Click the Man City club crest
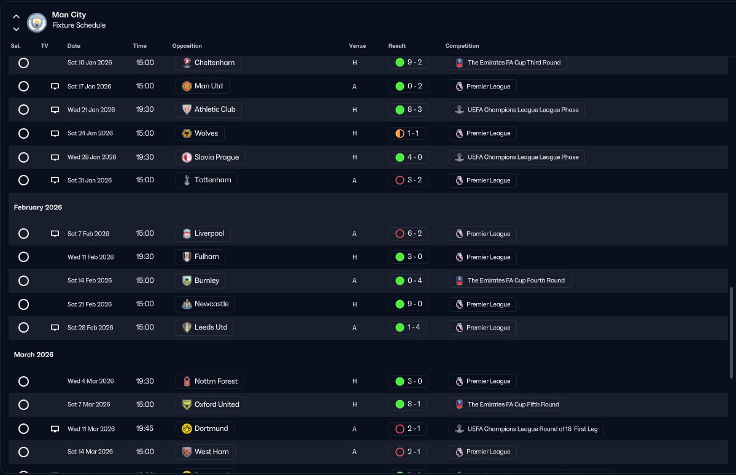[x=37, y=22]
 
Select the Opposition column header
[x=187, y=46]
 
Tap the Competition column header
[x=462, y=46]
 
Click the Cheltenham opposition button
[x=208, y=63]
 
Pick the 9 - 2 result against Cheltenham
[x=408, y=63]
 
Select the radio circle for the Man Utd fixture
[x=23, y=87]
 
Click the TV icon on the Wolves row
[x=55, y=134]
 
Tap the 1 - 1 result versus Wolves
[x=408, y=133]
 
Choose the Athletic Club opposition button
[x=209, y=110]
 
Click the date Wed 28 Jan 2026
[x=91, y=157]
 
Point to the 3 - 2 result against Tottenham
[x=408, y=180]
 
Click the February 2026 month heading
[x=38, y=207]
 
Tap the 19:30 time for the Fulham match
[x=145, y=257]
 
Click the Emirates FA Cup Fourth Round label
[x=509, y=280]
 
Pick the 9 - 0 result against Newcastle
[x=408, y=304]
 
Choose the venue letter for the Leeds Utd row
[x=354, y=328]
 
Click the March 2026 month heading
[x=34, y=355]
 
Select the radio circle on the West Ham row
[x=23, y=452]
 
